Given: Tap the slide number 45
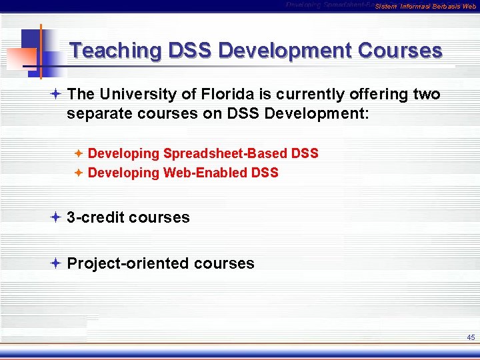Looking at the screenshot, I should pyautogui.click(x=471, y=337).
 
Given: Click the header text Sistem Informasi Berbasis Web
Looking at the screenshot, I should pyautogui.click(x=425, y=7).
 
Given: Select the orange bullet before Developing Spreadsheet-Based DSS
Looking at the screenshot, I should pyautogui.click(x=78, y=153).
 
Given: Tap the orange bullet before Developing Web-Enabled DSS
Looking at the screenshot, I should pyautogui.click(x=78, y=173).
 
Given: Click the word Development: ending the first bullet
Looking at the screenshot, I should pyautogui.click(x=317, y=113).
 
